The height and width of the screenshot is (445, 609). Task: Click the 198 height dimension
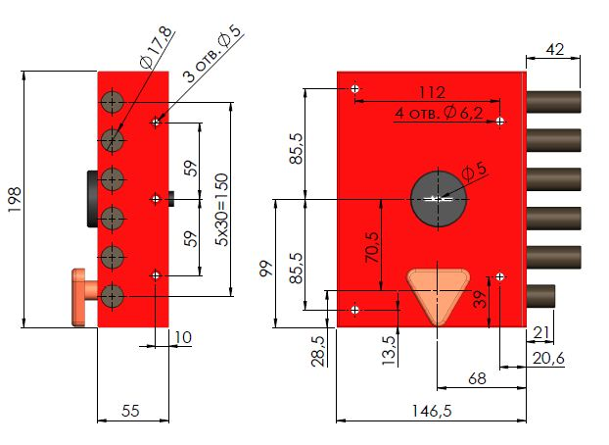click(14, 199)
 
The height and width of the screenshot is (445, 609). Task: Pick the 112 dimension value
click(425, 92)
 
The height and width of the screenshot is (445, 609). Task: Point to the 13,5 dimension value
click(389, 347)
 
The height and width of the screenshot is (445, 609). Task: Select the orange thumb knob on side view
click(81, 295)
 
